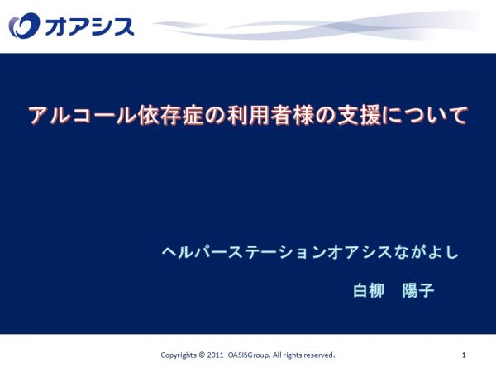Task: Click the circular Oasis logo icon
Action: click(x=24, y=26)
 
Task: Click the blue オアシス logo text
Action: click(x=90, y=26)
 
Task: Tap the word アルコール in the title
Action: click(x=83, y=115)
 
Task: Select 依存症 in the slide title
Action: click(x=170, y=115)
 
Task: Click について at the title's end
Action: click(x=425, y=116)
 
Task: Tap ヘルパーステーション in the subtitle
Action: click(x=244, y=252)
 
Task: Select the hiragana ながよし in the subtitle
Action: click(x=427, y=252)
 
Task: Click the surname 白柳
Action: click(x=369, y=290)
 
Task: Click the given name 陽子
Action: click(x=418, y=290)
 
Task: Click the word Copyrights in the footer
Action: click(x=179, y=355)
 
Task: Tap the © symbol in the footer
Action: click(x=202, y=355)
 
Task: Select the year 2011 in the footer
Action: click(x=215, y=355)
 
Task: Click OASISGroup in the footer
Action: click(x=249, y=355)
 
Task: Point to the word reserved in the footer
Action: click(x=319, y=355)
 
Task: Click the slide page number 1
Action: click(x=464, y=355)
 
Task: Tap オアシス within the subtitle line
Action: click(x=360, y=252)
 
